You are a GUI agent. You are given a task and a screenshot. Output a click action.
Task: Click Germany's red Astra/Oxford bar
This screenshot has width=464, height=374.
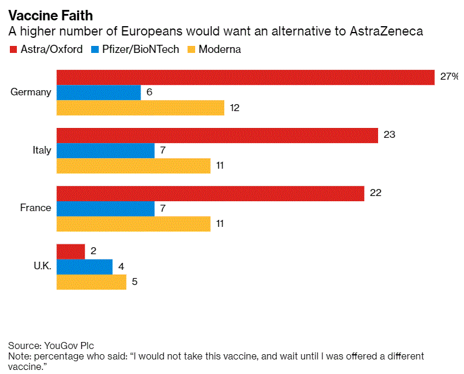click(245, 77)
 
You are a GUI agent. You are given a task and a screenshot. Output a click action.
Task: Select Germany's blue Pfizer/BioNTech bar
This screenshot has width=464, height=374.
click(98, 92)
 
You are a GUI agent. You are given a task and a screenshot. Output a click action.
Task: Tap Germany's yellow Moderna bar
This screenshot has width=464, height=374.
click(140, 108)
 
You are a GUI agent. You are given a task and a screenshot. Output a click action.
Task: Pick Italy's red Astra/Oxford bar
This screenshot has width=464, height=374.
click(217, 135)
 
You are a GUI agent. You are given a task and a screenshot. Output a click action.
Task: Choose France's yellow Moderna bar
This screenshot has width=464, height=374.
click(133, 223)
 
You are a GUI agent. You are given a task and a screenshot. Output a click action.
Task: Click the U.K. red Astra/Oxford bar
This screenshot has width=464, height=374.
click(70, 251)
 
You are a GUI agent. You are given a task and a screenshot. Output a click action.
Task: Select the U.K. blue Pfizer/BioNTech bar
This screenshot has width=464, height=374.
click(84, 266)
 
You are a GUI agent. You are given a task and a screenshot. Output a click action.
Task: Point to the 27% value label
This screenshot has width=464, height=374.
click(449, 77)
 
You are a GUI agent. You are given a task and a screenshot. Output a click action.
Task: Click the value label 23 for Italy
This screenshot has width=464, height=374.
click(389, 135)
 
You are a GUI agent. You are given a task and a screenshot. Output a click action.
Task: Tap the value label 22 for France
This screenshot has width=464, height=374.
click(375, 193)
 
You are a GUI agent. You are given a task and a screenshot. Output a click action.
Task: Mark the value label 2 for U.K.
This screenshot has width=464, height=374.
click(93, 251)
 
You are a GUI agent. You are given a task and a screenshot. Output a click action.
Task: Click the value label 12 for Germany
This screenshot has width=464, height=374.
click(235, 108)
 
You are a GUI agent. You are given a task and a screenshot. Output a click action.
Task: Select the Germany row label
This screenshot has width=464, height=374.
click(31, 92)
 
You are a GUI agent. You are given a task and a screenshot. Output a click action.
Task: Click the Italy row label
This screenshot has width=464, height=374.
click(41, 150)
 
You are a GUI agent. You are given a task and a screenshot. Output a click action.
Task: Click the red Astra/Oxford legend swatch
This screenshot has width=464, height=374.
click(13, 49)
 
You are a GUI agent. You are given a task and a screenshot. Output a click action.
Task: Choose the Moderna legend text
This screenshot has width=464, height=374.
click(220, 49)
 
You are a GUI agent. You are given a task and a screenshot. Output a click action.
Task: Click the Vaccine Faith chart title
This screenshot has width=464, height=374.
click(50, 16)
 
